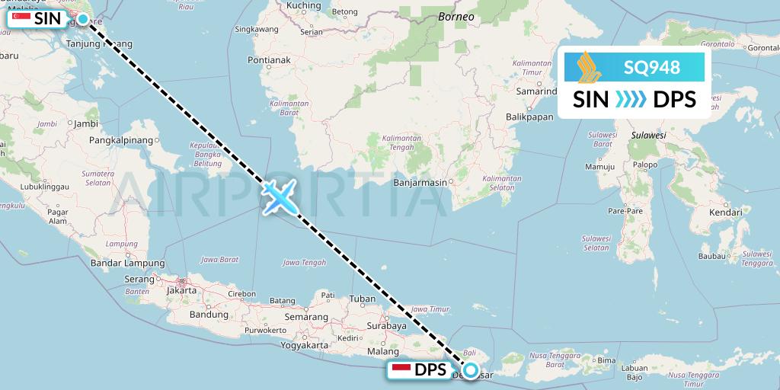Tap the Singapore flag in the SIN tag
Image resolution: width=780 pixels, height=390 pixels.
[21, 17]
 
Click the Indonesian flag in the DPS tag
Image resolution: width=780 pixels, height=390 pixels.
[401, 370]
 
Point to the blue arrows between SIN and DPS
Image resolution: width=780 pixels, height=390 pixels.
[630, 99]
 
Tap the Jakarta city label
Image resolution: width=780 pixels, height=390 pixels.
[181, 290]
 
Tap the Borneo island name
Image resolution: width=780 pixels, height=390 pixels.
[456, 16]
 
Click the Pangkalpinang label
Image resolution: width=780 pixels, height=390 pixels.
[122, 140]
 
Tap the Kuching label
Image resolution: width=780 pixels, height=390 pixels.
[304, 6]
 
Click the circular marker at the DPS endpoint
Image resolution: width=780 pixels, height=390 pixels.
[471, 371]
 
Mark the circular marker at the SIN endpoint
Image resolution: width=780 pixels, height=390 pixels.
[82, 18]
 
